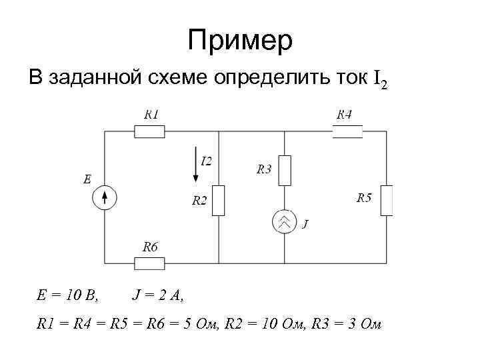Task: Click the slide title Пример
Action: (239, 41)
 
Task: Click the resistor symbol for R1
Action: (150, 131)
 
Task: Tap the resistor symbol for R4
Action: (347, 131)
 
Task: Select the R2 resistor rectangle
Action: (219, 201)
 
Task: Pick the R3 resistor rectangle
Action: (285, 170)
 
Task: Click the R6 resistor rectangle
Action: (150, 263)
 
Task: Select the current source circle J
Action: (285, 222)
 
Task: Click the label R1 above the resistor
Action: (152, 115)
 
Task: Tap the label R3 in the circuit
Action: (264, 169)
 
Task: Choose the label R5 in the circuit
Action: (364, 197)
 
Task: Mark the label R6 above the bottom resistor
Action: (151, 247)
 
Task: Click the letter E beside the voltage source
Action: (87, 179)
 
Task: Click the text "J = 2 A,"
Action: (158, 294)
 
